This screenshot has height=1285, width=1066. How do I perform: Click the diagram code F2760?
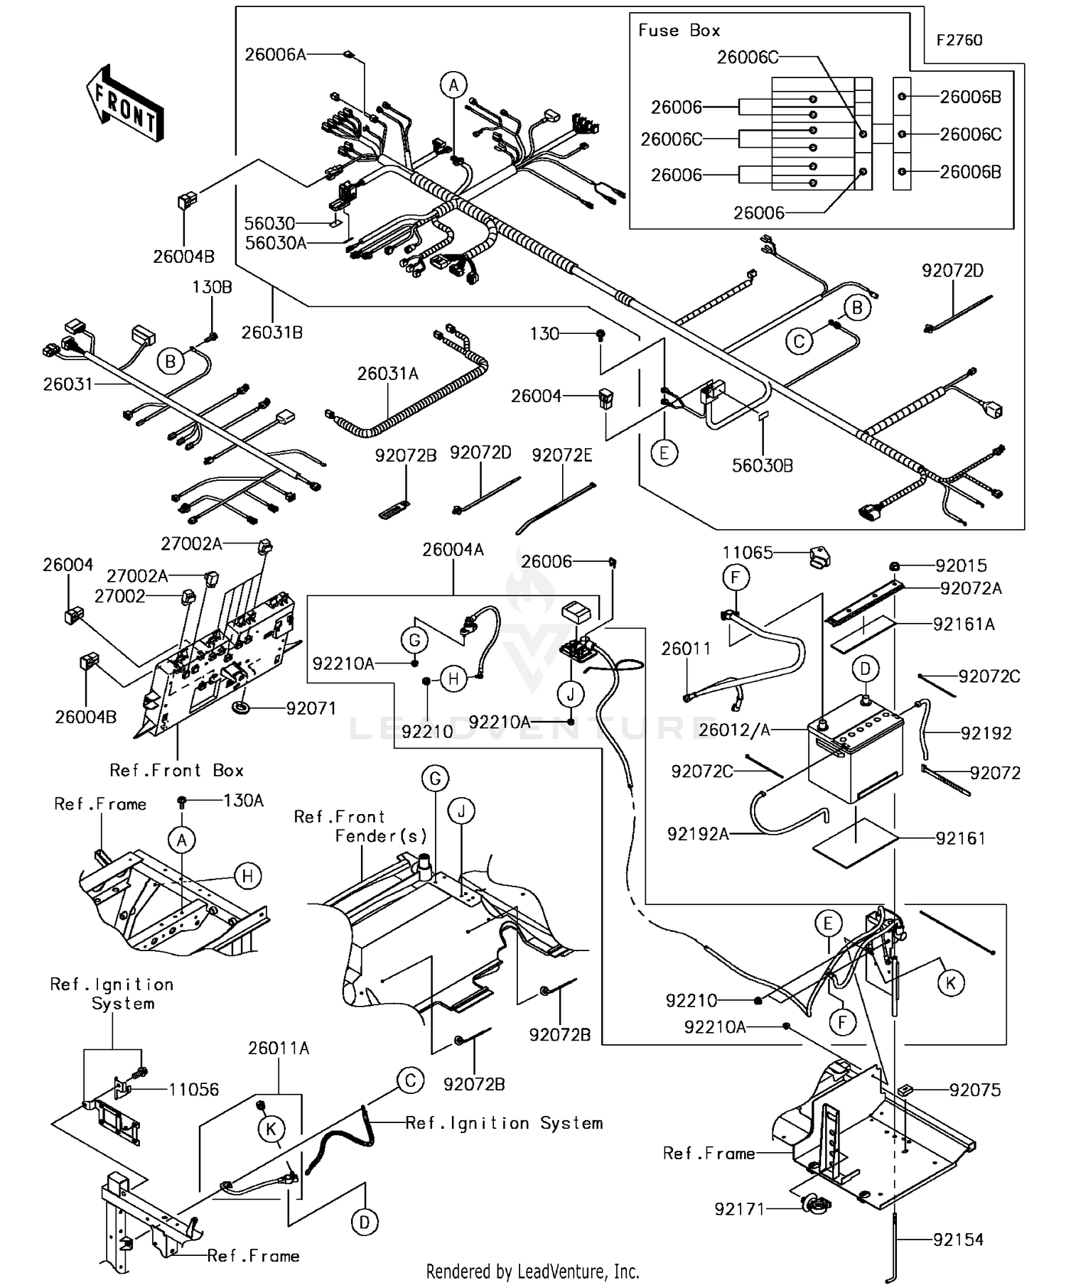pyautogui.click(x=959, y=40)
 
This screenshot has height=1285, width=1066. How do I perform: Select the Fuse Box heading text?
pyautogui.click(x=679, y=31)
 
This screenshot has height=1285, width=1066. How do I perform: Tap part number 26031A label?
pyautogui.click(x=387, y=374)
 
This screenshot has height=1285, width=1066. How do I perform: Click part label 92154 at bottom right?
pyautogui.click(x=958, y=1240)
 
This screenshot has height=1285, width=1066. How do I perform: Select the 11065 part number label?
pyautogui.click(x=748, y=553)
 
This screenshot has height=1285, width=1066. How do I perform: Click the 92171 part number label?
pyautogui.click(x=739, y=1209)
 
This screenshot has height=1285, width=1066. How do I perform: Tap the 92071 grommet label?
pyautogui.click(x=311, y=708)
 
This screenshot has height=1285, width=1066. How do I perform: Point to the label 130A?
pyautogui.click(x=243, y=801)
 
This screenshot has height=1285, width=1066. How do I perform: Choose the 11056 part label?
pyautogui.click(x=193, y=1090)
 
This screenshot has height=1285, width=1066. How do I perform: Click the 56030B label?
pyautogui.click(x=763, y=465)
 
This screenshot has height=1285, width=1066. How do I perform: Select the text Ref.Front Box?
pyautogui.click(x=176, y=771)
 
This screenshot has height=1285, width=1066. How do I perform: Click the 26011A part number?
pyautogui.click(x=279, y=1048)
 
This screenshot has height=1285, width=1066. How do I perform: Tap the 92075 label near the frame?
pyautogui.click(x=975, y=1090)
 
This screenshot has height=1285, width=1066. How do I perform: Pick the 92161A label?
pyautogui.click(x=964, y=624)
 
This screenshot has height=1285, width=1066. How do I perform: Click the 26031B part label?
pyautogui.click(x=271, y=332)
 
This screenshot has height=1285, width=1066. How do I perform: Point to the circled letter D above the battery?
pyautogui.click(x=865, y=668)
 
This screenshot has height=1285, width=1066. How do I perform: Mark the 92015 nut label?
pyautogui.click(x=961, y=566)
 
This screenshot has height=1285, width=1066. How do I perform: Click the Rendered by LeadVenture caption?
pyautogui.click(x=532, y=1271)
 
